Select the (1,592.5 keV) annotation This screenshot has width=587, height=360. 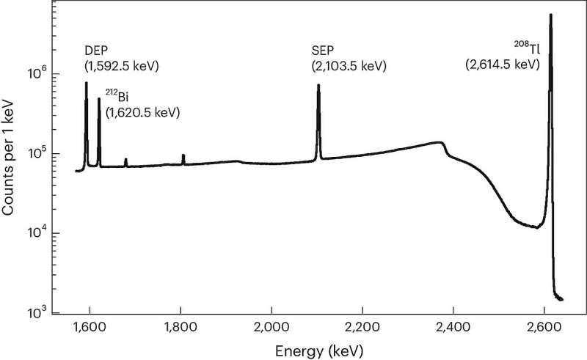(x=122, y=67)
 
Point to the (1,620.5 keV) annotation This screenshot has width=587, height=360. (x=142, y=113)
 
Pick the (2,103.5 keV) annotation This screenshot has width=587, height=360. (x=349, y=67)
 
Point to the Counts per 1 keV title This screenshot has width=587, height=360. (x=10, y=158)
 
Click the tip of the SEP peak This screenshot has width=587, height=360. (x=318, y=85)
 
